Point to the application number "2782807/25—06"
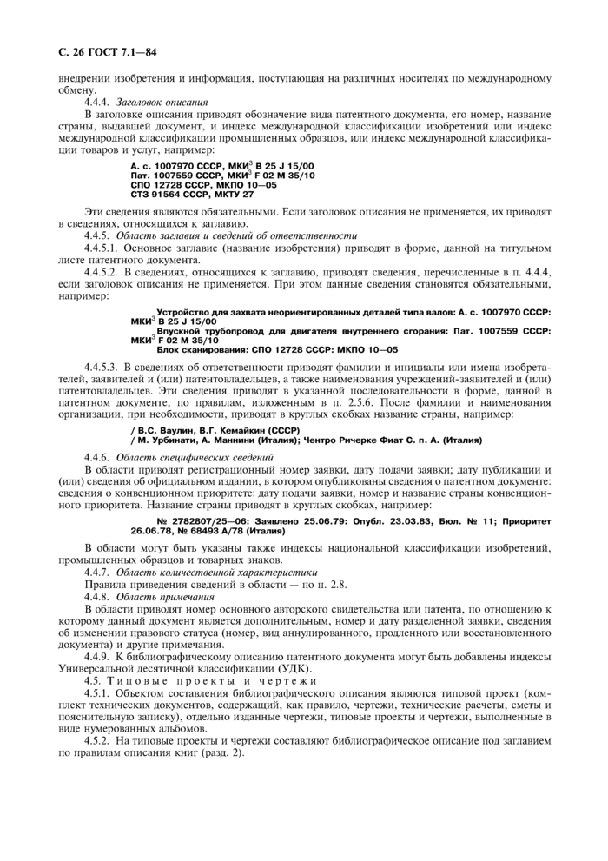(206, 519)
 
